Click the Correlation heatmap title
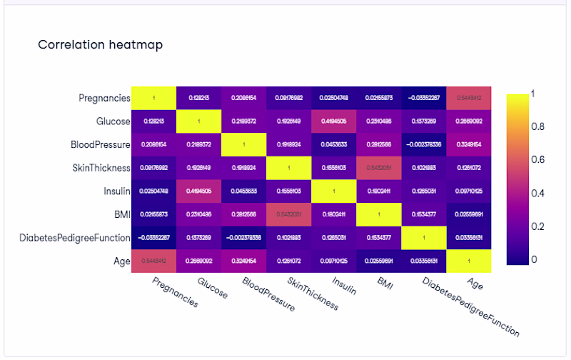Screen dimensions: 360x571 100,45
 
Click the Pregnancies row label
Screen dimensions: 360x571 105,98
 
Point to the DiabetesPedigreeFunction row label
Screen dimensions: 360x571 75,237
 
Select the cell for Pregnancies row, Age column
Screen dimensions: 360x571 469,98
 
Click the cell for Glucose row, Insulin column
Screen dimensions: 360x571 334,121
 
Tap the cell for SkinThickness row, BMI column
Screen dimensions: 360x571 379,167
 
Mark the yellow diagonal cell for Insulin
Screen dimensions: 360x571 334,191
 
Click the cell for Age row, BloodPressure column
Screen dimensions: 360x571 244,260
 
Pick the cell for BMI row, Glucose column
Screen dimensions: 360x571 199,214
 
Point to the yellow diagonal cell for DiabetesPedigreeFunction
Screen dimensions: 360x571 424,237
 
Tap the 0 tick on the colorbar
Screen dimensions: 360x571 534,259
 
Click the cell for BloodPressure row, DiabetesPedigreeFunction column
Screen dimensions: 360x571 424,144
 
